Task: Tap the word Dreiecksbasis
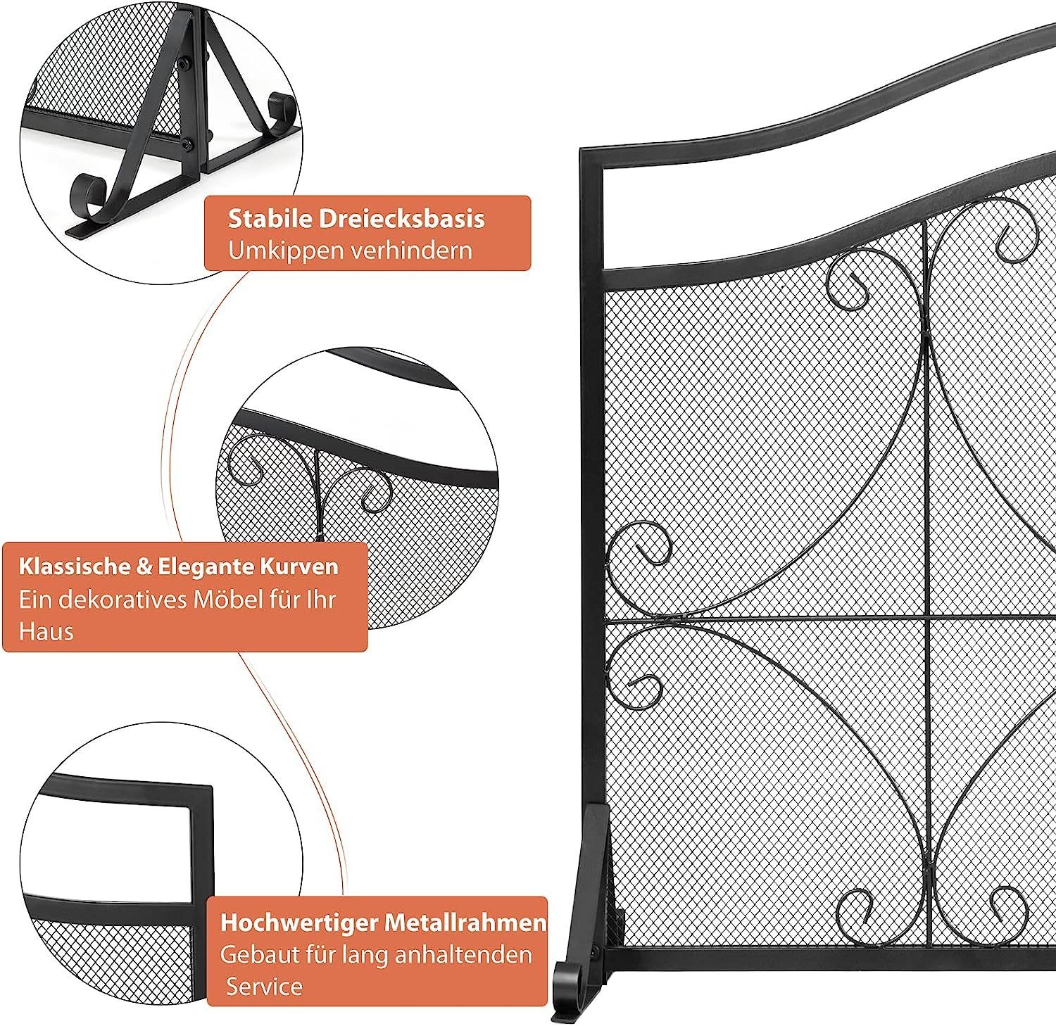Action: (x=402, y=218)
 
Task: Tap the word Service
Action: (x=264, y=987)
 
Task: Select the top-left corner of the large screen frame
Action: (x=582, y=150)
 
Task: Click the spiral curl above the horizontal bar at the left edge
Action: (x=642, y=545)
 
